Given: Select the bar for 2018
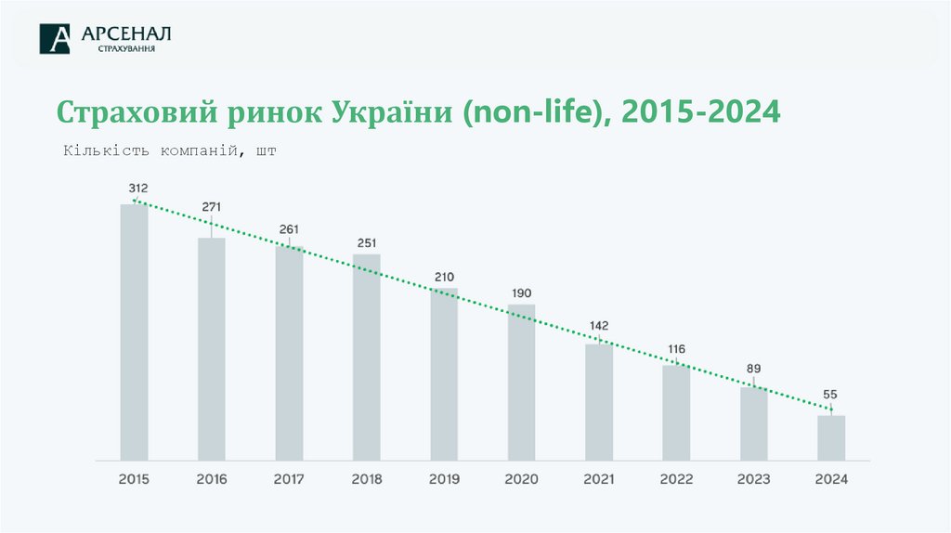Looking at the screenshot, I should click(366, 357).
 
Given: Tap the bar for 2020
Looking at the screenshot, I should click(521, 382).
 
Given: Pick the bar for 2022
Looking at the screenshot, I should click(676, 412).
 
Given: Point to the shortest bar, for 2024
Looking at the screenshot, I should click(831, 437).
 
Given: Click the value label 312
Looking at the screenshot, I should click(138, 188).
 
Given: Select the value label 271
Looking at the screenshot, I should click(211, 206).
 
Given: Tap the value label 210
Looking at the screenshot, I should click(444, 277).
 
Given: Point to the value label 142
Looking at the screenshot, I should click(599, 326).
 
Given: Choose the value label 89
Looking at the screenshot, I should click(754, 369).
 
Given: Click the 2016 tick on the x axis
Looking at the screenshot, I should click(212, 480).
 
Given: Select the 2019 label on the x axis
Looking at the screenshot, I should click(444, 480).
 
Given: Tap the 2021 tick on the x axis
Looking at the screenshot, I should click(599, 480).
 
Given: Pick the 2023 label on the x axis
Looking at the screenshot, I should click(754, 480).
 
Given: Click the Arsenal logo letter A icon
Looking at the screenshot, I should click(55, 39).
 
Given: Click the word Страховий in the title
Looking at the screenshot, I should click(137, 112).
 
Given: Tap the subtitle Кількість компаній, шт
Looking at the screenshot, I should click(170, 151).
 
